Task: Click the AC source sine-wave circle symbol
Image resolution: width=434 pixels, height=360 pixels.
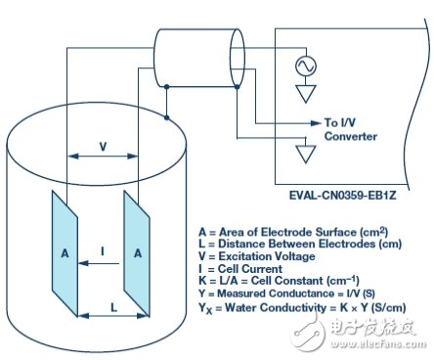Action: pyautogui.click(x=306, y=67)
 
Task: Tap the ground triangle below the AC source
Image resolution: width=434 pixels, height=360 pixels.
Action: pyautogui.click(x=306, y=94)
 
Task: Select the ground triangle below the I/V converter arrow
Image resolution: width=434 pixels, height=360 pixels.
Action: pyautogui.click(x=306, y=154)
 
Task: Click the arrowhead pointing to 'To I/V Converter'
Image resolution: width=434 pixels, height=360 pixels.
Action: pyautogui.click(x=316, y=123)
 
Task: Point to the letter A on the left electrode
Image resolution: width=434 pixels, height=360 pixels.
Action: pyautogui.click(x=65, y=253)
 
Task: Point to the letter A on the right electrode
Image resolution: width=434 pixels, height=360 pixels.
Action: pyautogui.click(x=138, y=253)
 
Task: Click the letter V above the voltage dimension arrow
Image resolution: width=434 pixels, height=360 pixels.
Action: pyautogui.click(x=103, y=147)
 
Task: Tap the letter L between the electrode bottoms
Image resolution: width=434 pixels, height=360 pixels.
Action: pyautogui.click(x=113, y=307)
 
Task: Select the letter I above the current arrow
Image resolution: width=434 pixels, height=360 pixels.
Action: pyautogui.click(x=103, y=251)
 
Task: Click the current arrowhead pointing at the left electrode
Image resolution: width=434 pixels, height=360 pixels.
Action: pyautogui.click(x=83, y=263)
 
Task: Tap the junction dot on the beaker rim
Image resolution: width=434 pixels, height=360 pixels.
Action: pyautogui.click(x=166, y=117)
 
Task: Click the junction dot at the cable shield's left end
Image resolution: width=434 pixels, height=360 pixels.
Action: pyautogui.click(x=166, y=87)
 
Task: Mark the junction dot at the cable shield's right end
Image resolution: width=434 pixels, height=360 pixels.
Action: pyautogui.click(x=238, y=87)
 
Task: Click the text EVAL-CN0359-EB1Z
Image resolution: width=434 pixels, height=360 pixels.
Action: pyautogui.click(x=343, y=196)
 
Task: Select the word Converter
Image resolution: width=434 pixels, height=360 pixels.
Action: pyautogui.click(x=351, y=136)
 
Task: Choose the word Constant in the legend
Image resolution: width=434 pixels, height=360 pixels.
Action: pyautogui.click(x=302, y=281)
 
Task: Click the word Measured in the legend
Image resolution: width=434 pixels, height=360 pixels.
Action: pyautogui.click(x=241, y=293)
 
